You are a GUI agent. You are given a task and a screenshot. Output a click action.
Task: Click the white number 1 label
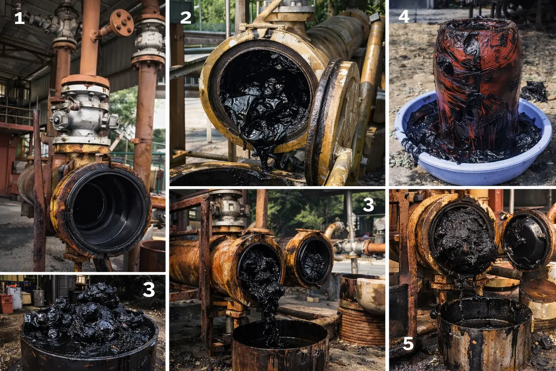[x=19, y=18]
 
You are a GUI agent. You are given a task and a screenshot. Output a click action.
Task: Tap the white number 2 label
[x=186, y=17]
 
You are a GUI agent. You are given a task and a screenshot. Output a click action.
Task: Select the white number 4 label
[x=404, y=17]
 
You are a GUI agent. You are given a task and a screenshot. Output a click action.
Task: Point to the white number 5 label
[x=408, y=344]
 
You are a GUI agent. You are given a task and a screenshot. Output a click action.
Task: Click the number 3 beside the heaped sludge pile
[x=149, y=289]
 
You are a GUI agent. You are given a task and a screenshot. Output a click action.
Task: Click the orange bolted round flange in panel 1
[x=122, y=23]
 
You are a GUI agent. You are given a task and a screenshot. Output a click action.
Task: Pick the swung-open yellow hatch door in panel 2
[x=333, y=122]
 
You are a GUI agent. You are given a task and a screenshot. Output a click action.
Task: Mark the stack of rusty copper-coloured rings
[x=361, y=325]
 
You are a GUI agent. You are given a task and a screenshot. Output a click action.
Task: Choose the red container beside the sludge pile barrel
[x=7, y=304]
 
